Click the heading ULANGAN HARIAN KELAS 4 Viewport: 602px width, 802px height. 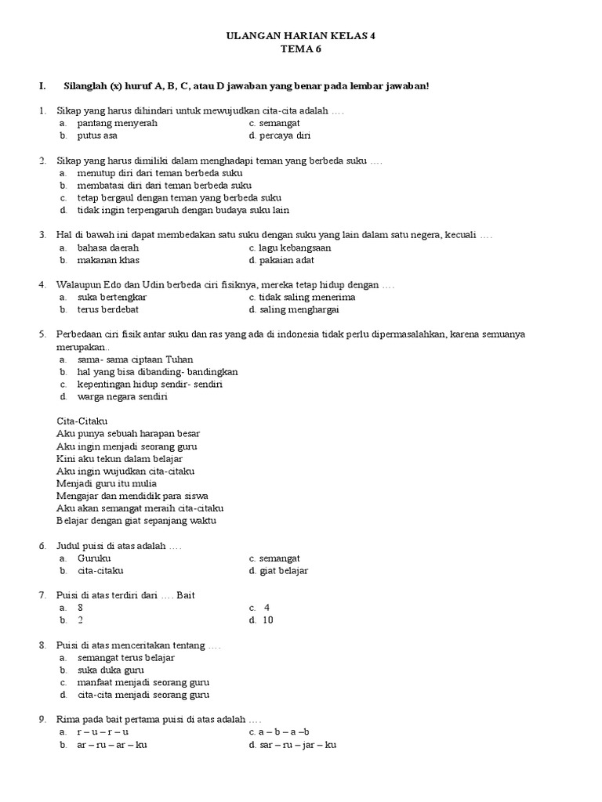pyautogui.click(x=301, y=36)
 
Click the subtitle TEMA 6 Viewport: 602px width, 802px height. pyautogui.click(x=301, y=49)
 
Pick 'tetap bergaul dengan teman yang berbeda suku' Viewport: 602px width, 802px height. pyautogui.click(x=179, y=198)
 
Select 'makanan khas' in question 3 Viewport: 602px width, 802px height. pyautogui.click(x=108, y=260)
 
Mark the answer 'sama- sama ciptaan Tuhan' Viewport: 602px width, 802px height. pyautogui.click(x=135, y=359)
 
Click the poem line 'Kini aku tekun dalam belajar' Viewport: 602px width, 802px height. pyautogui.click(x=115, y=458)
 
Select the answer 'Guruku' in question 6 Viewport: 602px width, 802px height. pyautogui.click(x=94, y=558)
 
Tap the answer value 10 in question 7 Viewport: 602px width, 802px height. pyautogui.click(x=268, y=620)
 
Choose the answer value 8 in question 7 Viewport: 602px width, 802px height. pyautogui.click(x=80, y=608)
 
